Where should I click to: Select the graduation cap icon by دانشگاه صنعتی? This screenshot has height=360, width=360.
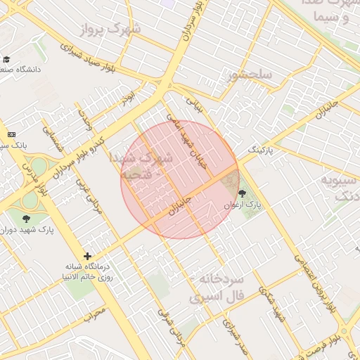coord(6,59)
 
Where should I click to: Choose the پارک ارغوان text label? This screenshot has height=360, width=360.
coord(243,205)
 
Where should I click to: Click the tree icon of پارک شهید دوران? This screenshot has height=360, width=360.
coord(27,219)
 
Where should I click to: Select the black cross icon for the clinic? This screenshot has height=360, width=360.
coord(87,257)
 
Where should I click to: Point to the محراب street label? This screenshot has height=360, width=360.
coord(94,311)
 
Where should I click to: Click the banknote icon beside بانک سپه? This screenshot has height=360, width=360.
coord(11,134)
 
